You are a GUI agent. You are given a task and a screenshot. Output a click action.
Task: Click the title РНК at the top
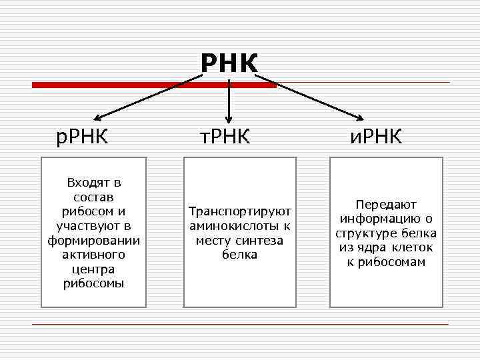click(229, 64)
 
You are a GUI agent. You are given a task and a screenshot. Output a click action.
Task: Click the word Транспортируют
click(240, 212)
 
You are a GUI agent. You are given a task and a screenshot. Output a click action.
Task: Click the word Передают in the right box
click(386, 205)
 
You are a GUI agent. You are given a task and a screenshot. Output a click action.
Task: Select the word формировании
click(94, 240)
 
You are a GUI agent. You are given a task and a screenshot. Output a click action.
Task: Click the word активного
click(94, 255)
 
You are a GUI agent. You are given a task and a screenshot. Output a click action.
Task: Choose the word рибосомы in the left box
click(94, 283)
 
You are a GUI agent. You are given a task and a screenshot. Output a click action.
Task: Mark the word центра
click(94, 269)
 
